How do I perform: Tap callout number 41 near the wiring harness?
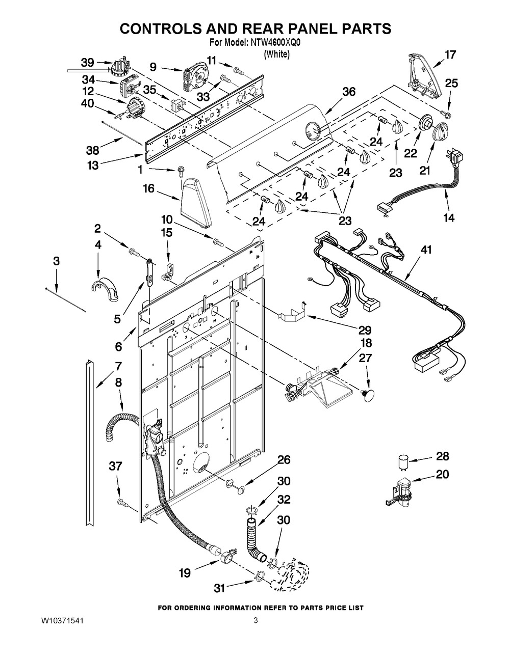[x=426, y=250]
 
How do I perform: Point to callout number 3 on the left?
[x=56, y=261]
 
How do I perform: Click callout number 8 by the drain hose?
[x=118, y=381]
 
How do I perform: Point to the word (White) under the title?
[x=276, y=54]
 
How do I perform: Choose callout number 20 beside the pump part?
[x=442, y=474]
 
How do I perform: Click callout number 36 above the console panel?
[x=349, y=92]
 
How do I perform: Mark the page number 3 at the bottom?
[x=256, y=621]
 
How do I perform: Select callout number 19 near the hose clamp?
[x=185, y=573]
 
